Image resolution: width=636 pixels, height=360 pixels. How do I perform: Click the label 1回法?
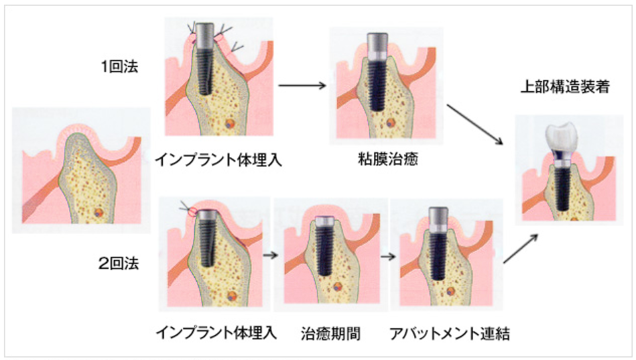point(120,66)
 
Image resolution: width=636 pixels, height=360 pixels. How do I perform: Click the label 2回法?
point(119,263)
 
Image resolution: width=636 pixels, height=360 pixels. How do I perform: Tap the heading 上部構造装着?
point(565,86)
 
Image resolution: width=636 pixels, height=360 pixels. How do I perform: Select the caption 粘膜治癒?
point(387,159)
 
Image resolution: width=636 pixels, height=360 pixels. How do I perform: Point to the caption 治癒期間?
point(330,334)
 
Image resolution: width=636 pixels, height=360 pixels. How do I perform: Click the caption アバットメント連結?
point(450,334)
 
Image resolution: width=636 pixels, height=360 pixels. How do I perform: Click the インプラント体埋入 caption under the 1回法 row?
point(218,160)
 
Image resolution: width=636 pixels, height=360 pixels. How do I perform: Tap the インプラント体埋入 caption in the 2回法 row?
point(216,333)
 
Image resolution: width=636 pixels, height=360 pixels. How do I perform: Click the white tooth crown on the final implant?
point(562,136)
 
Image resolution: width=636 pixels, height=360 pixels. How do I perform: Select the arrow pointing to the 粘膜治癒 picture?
point(302,85)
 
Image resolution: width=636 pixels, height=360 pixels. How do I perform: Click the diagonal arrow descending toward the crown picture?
point(475,125)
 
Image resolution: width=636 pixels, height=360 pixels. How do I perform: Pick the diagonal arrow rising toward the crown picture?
point(521,249)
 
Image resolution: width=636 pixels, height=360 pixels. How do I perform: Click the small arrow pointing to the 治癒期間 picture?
point(271,255)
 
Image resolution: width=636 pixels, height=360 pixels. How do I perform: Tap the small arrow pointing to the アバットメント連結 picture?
point(388,257)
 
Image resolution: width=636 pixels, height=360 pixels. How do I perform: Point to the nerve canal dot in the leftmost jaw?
point(98,213)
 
